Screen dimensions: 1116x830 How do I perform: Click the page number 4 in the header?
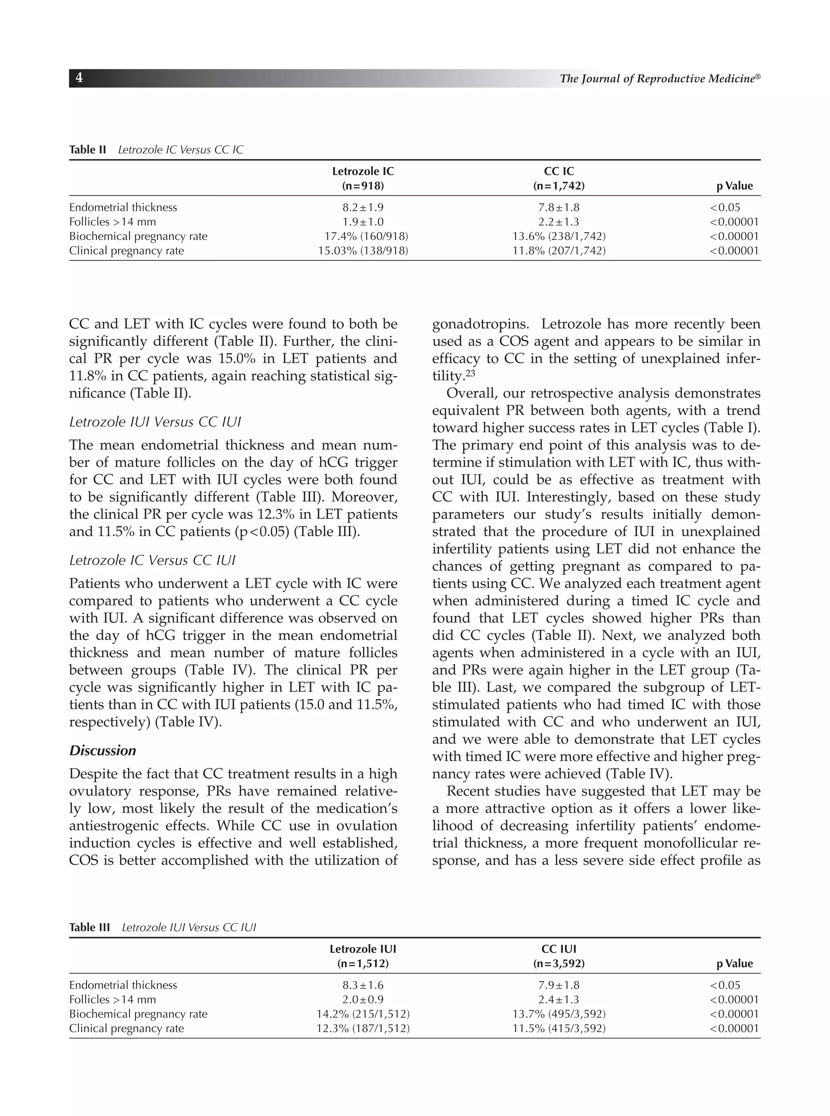pos(79,78)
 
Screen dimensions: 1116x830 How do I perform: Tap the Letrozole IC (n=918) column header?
pos(363,178)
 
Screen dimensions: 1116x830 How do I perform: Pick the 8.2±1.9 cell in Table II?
pos(363,208)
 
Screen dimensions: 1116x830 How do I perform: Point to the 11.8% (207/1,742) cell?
pos(559,251)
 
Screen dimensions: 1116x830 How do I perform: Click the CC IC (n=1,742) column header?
pos(559,178)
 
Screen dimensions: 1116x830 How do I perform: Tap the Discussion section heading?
pos(103,751)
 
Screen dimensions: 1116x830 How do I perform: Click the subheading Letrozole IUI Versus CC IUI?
pos(155,422)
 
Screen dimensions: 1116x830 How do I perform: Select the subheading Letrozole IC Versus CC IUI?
pos(152,560)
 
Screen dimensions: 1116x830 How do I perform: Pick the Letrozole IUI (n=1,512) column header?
pos(363,956)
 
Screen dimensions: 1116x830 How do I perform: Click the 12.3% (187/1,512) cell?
pos(363,1028)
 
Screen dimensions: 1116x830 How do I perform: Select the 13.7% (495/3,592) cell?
pos(559,1014)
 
